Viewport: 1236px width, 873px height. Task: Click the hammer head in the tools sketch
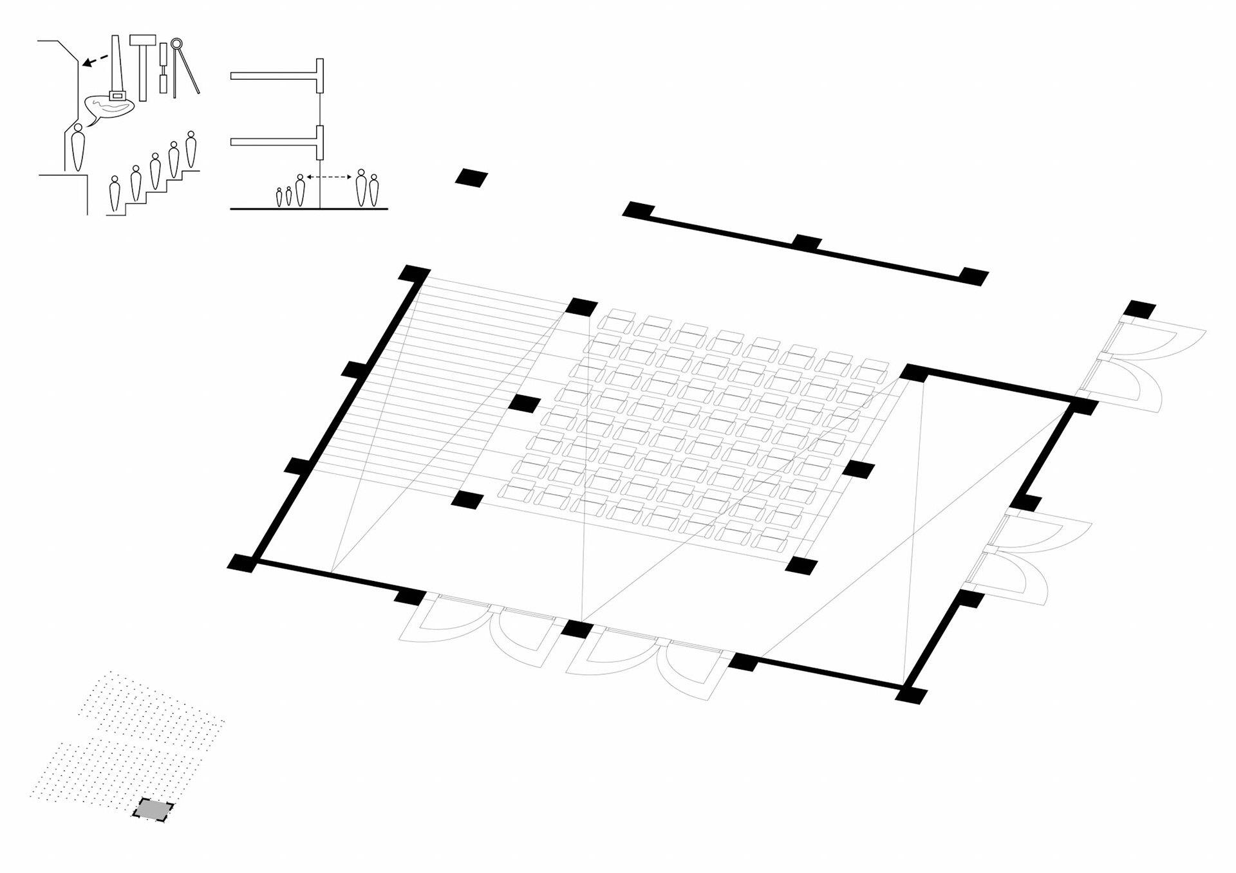click(142, 40)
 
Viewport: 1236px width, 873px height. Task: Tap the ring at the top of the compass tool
click(176, 44)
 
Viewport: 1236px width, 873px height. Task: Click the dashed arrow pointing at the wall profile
click(96, 60)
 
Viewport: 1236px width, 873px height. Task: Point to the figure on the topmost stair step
click(191, 149)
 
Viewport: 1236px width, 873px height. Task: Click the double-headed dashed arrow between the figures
click(329, 176)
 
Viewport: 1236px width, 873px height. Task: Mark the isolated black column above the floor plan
click(471, 178)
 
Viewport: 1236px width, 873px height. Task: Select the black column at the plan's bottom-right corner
click(911, 695)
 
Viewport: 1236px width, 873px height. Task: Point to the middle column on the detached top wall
click(807, 243)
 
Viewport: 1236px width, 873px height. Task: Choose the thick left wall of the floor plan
click(335, 419)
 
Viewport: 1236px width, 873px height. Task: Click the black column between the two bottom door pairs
click(577, 628)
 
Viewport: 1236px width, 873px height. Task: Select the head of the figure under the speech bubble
click(78, 128)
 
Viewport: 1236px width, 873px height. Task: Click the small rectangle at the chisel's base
click(117, 96)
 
